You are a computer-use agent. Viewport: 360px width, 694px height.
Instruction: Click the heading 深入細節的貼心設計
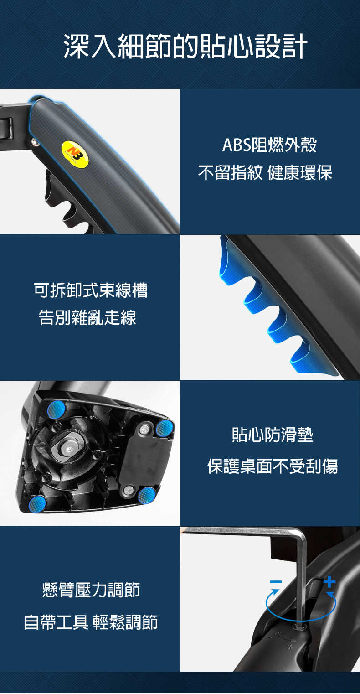click(185, 46)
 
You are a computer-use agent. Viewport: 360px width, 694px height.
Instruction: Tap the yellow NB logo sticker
click(75, 154)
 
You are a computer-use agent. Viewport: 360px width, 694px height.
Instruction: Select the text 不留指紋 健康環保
click(265, 172)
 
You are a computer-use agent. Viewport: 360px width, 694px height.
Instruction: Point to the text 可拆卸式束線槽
click(91, 290)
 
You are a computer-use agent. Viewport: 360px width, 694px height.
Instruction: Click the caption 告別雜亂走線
click(87, 317)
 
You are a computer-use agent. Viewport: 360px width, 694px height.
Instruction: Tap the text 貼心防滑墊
click(273, 435)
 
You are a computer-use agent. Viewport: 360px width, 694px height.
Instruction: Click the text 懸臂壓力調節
click(91, 590)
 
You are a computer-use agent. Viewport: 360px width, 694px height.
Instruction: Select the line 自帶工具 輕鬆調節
click(91, 622)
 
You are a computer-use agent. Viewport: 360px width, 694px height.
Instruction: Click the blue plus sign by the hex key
click(329, 582)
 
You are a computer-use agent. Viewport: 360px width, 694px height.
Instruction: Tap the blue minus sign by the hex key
click(276, 582)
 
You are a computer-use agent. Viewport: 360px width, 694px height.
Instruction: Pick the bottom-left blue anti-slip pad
click(37, 504)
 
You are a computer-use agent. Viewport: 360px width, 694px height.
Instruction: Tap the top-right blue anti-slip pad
click(165, 429)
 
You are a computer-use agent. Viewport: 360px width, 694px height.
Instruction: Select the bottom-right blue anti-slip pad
click(147, 495)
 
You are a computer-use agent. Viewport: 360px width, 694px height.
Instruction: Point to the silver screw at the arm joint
click(35, 142)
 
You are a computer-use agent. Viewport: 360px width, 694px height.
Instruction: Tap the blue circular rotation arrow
click(300, 620)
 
